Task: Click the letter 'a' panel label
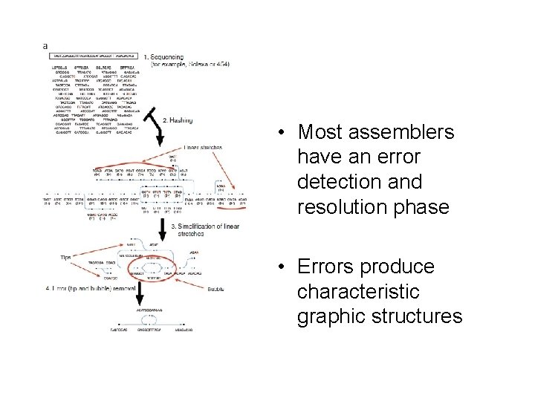click(x=45, y=45)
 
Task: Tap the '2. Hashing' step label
click(x=181, y=120)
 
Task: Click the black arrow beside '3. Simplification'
click(x=162, y=226)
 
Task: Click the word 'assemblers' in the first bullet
click(x=387, y=134)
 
